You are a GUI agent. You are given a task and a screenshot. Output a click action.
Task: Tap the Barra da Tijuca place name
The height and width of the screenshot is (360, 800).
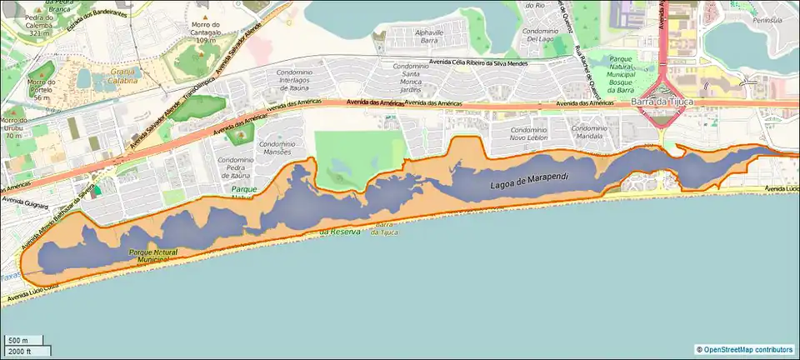coord(662,102)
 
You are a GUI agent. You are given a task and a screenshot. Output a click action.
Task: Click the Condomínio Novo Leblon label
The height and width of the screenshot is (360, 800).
coord(529,134)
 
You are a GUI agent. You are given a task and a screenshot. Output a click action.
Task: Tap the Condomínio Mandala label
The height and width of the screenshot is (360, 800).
coord(589,134)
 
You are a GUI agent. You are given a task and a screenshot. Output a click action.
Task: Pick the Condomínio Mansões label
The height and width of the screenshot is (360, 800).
coord(279,148)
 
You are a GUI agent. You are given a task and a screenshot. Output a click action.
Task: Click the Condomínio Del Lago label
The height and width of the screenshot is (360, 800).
coord(545,34)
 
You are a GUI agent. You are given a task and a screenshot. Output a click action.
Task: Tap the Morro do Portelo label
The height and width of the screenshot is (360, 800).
coord(39,87)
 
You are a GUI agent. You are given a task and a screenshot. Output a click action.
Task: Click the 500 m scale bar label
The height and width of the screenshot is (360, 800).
coord(18,340)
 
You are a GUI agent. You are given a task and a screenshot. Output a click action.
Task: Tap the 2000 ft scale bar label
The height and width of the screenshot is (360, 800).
coord(19,351)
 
